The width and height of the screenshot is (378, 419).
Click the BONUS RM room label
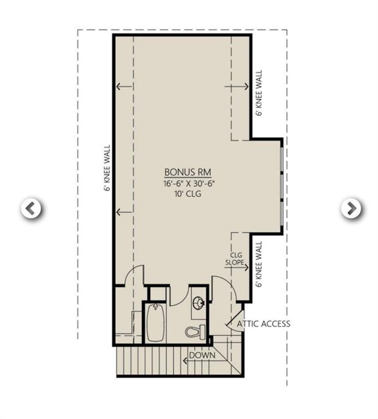tap(188, 172)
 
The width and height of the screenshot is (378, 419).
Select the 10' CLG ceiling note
tap(188, 194)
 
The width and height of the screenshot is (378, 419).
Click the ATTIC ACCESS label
tap(263, 324)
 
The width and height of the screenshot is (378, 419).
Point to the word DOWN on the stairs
tap(202, 355)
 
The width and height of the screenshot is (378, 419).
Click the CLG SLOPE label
tap(235, 259)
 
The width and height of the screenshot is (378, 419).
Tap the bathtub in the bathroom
tap(155, 323)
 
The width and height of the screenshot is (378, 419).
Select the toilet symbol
tap(196, 332)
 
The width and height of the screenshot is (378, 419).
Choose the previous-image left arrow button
tap(31, 209)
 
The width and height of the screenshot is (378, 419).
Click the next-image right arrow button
tap(351, 209)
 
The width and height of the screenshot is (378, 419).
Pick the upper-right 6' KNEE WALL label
tap(259, 93)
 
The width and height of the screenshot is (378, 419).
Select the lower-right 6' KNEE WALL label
tap(259, 264)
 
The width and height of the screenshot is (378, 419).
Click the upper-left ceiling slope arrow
tap(124, 87)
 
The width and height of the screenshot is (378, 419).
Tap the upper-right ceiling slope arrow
tap(237, 87)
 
